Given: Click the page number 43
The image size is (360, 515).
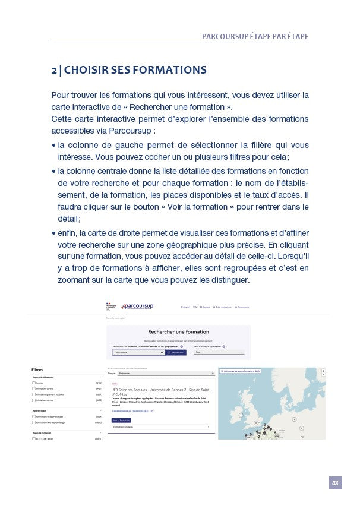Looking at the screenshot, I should click(x=335, y=483).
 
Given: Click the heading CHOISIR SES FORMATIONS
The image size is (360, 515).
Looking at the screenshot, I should click(x=128, y=70).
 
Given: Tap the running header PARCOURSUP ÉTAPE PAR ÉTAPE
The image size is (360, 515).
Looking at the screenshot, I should click(x=255, y=36).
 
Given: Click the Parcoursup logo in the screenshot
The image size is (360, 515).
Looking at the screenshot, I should click(x=137, y=307).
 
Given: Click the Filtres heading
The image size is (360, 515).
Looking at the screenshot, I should click(x=37, y=369).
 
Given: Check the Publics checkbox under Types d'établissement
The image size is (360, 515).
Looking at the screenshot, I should click(x=34, y=383).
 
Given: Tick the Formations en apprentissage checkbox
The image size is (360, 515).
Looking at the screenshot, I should click(x=34, y=416).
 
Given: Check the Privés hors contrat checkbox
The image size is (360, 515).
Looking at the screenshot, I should click(x=34, y=400).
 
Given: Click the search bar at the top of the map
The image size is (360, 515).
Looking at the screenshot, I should click(x=270, y=371).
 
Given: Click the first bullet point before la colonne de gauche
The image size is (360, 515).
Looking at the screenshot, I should click(x=54, y=144).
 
